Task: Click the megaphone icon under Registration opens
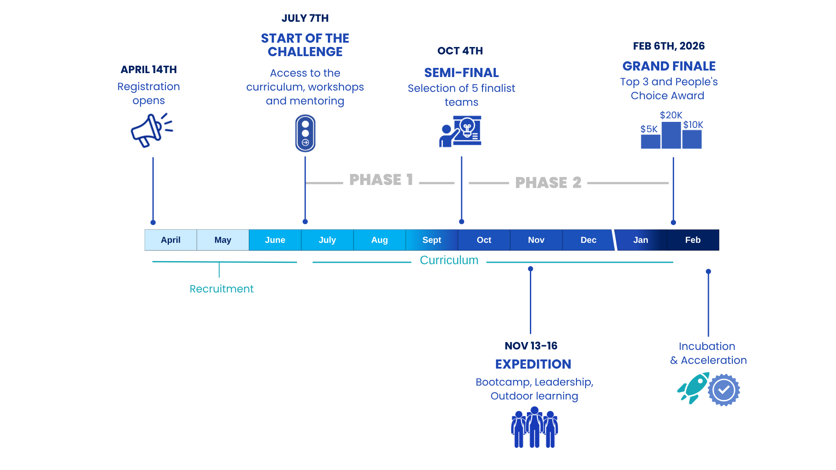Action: (151, 131)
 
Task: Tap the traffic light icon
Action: (305, 133)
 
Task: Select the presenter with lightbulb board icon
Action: (461, 131)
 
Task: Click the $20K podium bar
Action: (671, 135)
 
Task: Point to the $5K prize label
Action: (649, 129)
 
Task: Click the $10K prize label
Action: (693, 125)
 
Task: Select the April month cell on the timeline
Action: (171, 240)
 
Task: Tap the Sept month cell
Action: (431, 240)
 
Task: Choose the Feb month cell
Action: (693, 240)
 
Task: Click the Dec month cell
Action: (588, 240)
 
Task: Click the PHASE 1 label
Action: (381, 180)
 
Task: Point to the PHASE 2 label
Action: (548, 183)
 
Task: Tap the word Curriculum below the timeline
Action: (449, 260)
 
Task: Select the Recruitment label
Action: (222, 289)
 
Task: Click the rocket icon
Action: (692, 388)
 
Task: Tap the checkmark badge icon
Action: (724, 390)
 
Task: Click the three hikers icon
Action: (534, 427)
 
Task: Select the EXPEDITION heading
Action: (533, 364)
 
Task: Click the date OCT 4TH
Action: (460, 51)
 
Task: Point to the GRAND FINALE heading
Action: (669, 66)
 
